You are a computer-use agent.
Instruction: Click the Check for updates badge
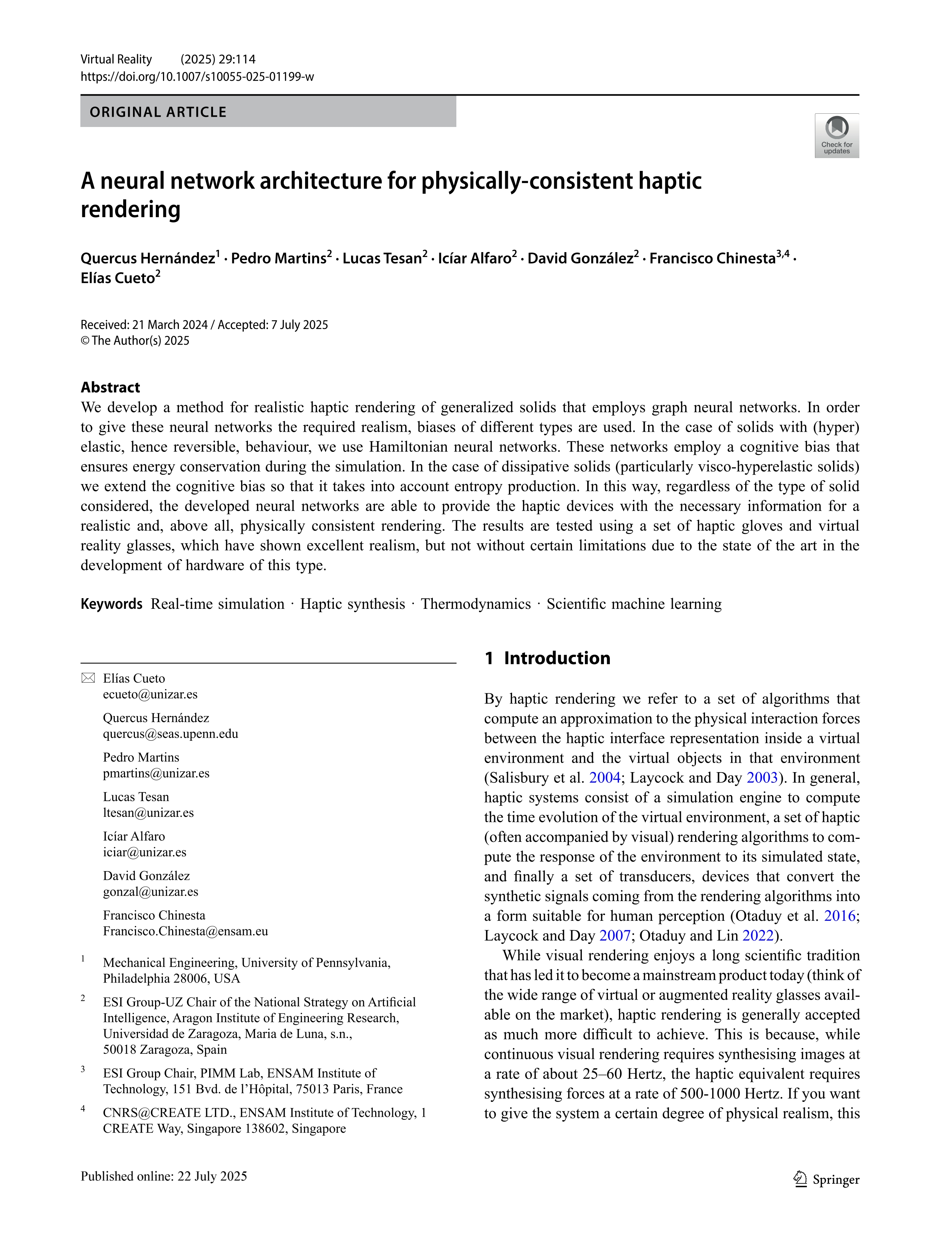point(836,136)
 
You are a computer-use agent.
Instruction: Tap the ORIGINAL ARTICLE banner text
point(158,112)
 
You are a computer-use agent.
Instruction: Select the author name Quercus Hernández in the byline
point(147,259)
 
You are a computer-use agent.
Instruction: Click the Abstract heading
point(110,387)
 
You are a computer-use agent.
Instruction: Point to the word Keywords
point(111,604)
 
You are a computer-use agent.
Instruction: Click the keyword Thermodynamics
point(475,604)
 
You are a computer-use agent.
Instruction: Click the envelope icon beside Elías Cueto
point(88,678)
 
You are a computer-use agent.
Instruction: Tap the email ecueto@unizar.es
point(150,694)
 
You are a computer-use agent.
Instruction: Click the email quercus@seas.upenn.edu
point(171,734)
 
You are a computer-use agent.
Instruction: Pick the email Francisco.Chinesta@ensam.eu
point(185,932)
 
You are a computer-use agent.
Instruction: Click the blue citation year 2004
point(605,778)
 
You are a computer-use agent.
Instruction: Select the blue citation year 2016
point(840,916)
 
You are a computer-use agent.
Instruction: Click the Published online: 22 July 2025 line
point(164,1176)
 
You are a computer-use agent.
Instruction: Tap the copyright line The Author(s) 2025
point(135,340)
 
